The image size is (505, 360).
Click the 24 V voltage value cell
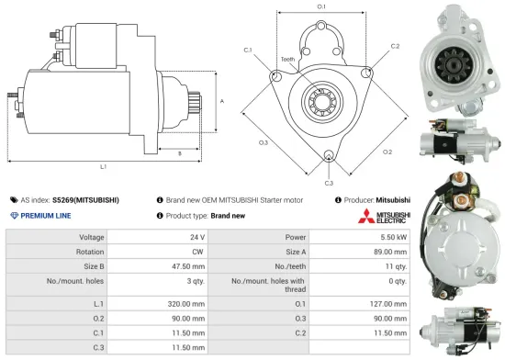click(x=196, y=237)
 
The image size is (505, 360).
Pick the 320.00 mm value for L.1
click(x=185, y=303)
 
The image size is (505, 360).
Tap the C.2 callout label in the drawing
click(x=395, y=45)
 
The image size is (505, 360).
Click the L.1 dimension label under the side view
click(x=104, y=166)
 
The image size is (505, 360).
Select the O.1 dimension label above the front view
click(x=321, y=7)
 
